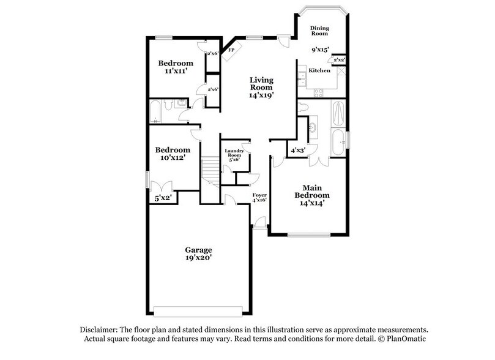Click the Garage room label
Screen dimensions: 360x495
[199, 250]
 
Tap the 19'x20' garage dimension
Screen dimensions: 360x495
[199, 259]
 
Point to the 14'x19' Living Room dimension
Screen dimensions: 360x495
[261, 95]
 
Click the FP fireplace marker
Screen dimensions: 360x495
[231, 51]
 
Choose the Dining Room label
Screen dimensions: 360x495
[320, 32]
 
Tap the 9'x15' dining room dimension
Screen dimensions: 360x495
[320, 50]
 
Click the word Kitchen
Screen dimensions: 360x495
[319, 71]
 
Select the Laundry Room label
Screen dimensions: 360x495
[234, 153]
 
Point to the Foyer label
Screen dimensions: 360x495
[260, 195]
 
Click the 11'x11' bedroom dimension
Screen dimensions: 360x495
[176, 72]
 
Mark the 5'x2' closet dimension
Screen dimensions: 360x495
[162, 198]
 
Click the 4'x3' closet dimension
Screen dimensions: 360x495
[298, 150]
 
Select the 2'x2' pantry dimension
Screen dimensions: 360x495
[338, 60]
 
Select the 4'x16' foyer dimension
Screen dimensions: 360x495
[260, 200]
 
